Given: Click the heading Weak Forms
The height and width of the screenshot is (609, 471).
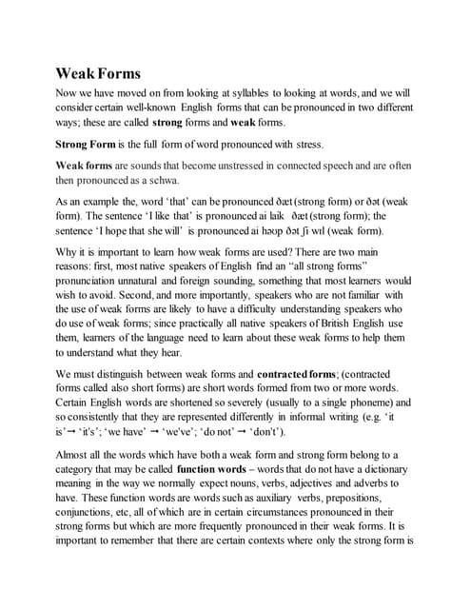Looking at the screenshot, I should pyautogui.click(x=97, y=73).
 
